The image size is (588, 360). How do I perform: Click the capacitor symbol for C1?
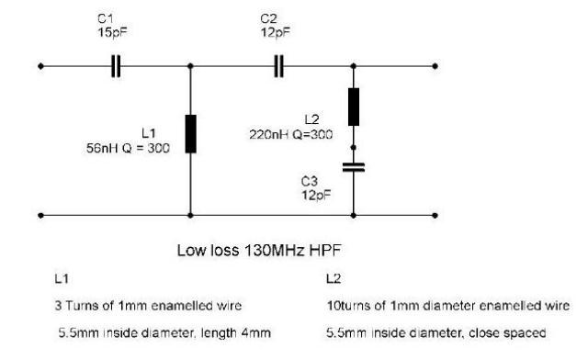pos(117,66)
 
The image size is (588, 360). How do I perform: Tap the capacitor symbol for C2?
pos(279,66)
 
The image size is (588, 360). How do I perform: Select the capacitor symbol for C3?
pos(353,167)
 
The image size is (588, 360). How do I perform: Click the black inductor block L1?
pos(190,134)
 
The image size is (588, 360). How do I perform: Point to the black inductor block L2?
pos(353,107)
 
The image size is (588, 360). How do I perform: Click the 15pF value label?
pos(112,32)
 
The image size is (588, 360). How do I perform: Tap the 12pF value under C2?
pos(276,32)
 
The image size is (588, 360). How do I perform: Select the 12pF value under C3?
pos(316,195)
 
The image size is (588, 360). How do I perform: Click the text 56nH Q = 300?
pos(128,148)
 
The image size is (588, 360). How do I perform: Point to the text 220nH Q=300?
pos(290,134)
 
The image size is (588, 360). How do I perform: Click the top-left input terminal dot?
pos(40,66)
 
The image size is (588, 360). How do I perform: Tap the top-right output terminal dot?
pos(435,66)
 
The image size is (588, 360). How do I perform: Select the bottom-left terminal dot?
pos(40,216)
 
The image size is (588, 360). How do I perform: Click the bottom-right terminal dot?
pos(435,216)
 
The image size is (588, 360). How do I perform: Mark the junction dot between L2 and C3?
pos(353,148)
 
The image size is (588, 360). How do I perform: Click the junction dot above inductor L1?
pos(190,66)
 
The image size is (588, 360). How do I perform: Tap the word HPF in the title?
pos(325,250)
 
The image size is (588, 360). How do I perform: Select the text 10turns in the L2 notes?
pos(345,306)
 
